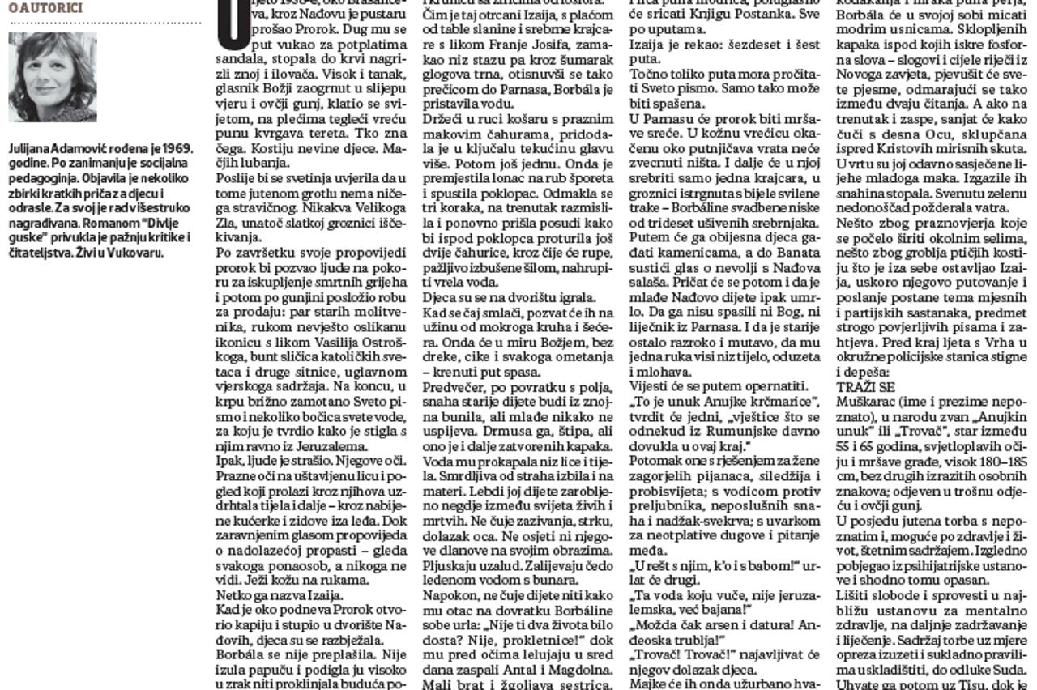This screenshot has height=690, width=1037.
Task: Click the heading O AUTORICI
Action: (45, 7)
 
